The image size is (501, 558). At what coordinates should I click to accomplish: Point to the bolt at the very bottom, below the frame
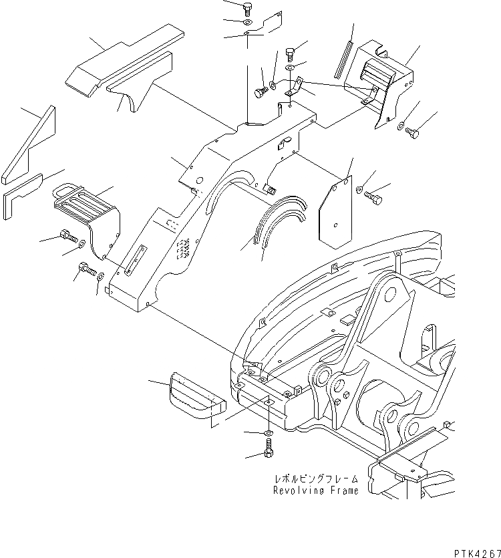coord(269,453)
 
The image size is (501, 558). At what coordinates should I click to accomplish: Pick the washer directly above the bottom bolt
coord(269,434)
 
